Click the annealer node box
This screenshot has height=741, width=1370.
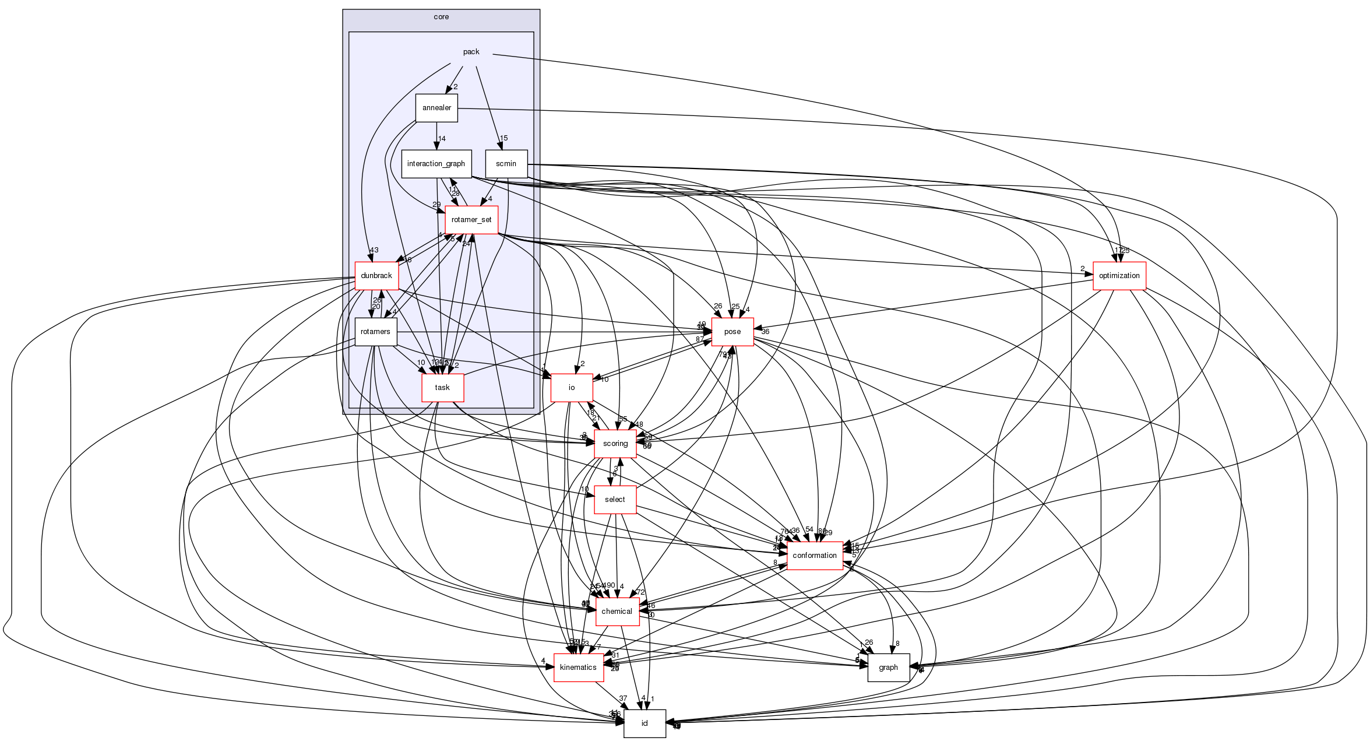pyautogui.click(x=436, y=108)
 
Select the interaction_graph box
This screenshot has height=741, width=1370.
pyautogui.click(x=436, y=164)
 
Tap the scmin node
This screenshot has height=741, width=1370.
pyautogui.click(x=506, y=164)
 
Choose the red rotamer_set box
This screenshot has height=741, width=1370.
pyautogui.click(x=471, y=220)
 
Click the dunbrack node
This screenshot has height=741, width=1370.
pyautogui.click(x=376, y=276)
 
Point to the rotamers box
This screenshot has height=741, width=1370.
pyautogui.click(x=375, y=332)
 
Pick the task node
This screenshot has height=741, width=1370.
pyautogui.click(x=442, y=388)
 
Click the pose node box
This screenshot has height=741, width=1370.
pyautogui.click(x=732, y=332)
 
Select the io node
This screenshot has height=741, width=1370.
pyautogui.click(x=572, y=388)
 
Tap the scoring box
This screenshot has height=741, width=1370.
pyautogui.click(x=615, y=444)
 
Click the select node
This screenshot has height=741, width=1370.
pyautogui.click(x=615, y=500)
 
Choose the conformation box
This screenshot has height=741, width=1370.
pyautogui.click(x=815, y=556)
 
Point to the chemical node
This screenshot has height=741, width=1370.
pyautogui.click(x=617, y=612)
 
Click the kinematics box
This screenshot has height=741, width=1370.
pyautogui.click(x=578, y=668)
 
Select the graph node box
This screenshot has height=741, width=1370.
pyautogui.click(x=888, y=668)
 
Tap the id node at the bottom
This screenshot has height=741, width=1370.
pyautogui.click(x=645, y=724)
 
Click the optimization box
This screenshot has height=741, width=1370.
pyautogui.click(x=1119, y=276)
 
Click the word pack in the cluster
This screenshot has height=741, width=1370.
pyautogui.click(x=471, y=52)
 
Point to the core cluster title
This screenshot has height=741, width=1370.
pyautogui.click(x=441, y=17)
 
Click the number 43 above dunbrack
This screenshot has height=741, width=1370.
pyautogui.click(x=374, y=250)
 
